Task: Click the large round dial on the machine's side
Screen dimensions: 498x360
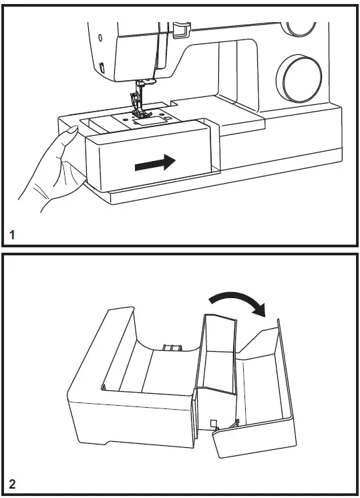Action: click(x=301, y=78)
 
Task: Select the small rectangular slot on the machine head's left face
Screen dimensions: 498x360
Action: click(x=101, y=67)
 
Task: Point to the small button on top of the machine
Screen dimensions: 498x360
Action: click(x=178, y=27)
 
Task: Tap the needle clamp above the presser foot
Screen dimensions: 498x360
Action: click(x=140, y=85)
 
